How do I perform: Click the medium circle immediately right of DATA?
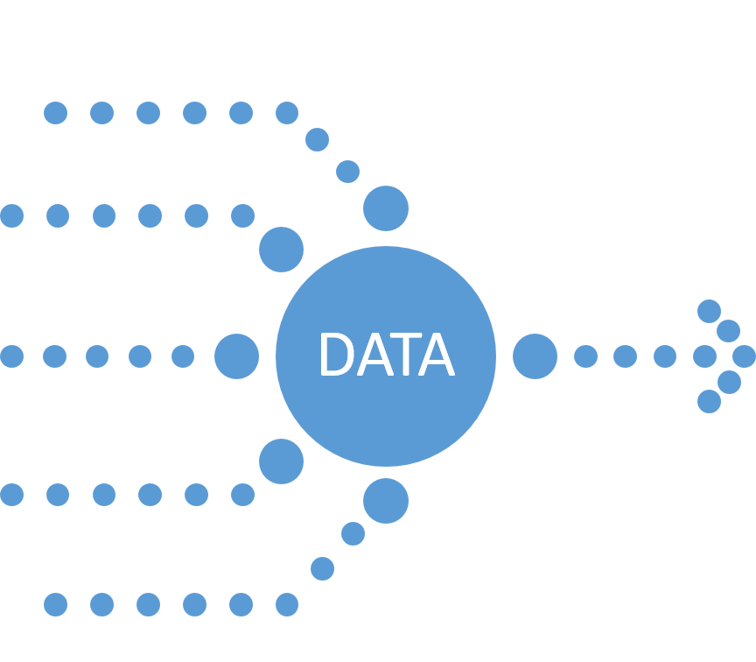pyautogui.click(x=535, y=356)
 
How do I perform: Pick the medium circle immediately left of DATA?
pyautogui.click(x=236, y=356)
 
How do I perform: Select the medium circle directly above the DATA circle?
pyautogui.click(x=386, y=208)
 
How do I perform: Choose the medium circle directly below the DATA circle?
pyautogui.click(x=386, y=501)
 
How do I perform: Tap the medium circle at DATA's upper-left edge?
pyautogui.click(x=281, y=250)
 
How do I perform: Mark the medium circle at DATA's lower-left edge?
pyautogui.click(x=281, y=461)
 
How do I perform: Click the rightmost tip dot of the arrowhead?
pyautogui.click(x=744, y=356)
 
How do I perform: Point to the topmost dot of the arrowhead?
pyautogui.click(x=709, y=311)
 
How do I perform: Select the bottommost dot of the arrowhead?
pyautogui.click(x=709, y=401)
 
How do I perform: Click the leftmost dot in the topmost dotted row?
pyautogui.click(x=55, y=113)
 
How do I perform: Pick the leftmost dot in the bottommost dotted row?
pyautogui.click(x=55, y=604)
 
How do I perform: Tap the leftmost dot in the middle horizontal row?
pyautogui.click(x=11, y=356)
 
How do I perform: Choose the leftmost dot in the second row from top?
pyautogui.click(x=11, y=215)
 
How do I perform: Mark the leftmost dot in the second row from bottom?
pyautogui.click(x=11, y=495)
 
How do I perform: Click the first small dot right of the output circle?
pyautogui.click(x=585, y=356)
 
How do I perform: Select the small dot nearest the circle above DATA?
pyautogui.click(x=347, y=172)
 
